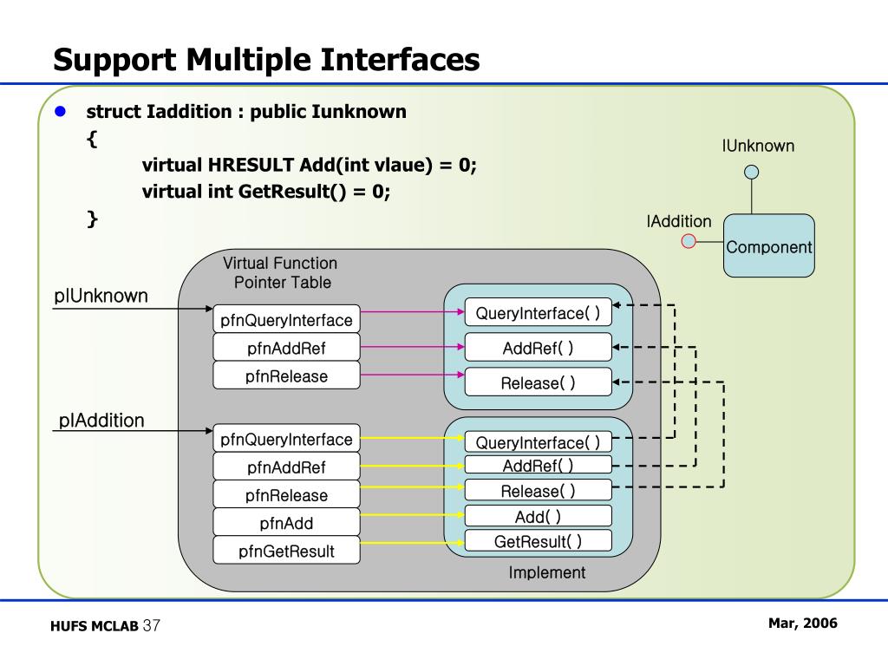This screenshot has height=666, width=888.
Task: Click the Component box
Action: [x=769, y=246]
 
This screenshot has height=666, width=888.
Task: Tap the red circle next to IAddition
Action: [x=689, y=240]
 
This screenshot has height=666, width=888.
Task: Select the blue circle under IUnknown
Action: [x=752, y=172]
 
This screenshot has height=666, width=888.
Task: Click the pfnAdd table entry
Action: [x=286, y=523]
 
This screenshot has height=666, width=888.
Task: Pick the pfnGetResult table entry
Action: [x=286, y=551]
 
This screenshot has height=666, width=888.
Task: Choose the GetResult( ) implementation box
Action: [x=538, y=542]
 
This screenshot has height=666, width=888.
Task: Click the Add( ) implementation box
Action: [x=538, y=517]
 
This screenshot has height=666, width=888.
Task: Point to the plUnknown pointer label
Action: [x=101, y=296]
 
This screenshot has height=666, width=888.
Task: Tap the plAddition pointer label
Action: [x=101, y=421]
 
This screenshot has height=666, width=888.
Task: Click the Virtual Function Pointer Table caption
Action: [x=280, y=272]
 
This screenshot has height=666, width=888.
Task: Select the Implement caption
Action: [x=546, y=572]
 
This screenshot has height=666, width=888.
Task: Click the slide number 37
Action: [x=152, y=626]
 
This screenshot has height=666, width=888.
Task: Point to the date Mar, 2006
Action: [x=802, y=624]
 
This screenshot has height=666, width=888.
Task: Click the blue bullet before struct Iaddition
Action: [x=61, y=112]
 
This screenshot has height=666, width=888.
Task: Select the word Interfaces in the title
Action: [x=401, y=59]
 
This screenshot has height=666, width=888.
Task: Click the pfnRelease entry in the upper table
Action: [x=286, y=376]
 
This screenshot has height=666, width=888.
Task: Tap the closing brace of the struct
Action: [x=92, y=219]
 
